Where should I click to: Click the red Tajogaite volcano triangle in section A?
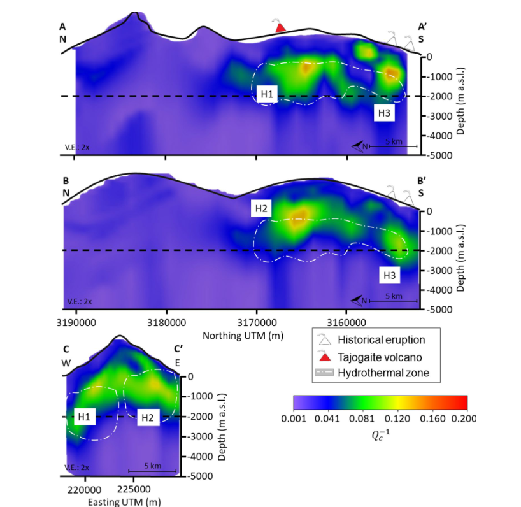pos(279,27)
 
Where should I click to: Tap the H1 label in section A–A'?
pos(268,94)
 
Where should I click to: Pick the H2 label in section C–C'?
pos(147,417)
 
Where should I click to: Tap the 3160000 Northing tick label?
pos(346,322)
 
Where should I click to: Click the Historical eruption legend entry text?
pos(382,340)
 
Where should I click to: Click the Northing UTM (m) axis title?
pos(243,335)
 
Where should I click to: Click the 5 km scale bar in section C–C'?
pos(152,470)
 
